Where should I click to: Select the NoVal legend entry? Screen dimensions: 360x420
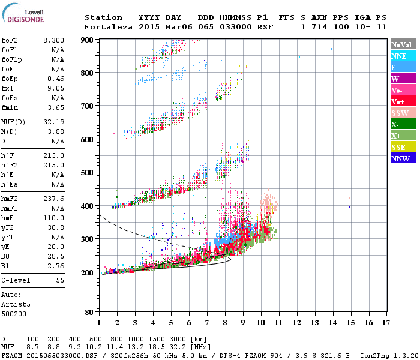(401, 44)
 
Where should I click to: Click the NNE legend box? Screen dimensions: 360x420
(401, 56)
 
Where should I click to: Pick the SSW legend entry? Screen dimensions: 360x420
(401, 113)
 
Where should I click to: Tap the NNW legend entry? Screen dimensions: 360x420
(401, 158)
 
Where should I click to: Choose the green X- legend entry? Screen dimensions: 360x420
(401, 124)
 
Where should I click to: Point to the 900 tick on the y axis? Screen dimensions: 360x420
(86, 40)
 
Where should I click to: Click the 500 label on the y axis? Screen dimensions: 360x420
(86, 173)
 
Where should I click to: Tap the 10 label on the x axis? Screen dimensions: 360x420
(260, 322)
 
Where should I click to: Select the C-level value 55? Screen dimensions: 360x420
(61, 280)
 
